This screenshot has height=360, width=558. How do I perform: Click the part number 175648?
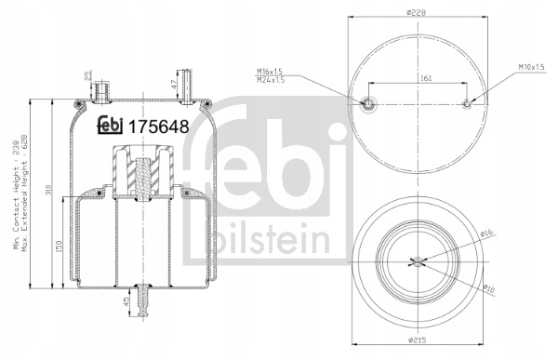[158, 127]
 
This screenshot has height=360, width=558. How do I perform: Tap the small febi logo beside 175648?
[110, 126]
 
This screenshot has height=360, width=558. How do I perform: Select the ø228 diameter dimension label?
[417, 12]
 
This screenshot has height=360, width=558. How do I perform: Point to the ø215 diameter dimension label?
[417, 340]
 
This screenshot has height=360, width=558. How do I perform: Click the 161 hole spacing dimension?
[426, 78]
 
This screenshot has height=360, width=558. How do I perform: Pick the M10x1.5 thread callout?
[531, 67]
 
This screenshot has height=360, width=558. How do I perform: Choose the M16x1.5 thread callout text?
[270, 72]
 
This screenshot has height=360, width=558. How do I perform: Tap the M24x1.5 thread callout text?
[271, 80]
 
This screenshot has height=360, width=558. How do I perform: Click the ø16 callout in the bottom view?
[486, 233]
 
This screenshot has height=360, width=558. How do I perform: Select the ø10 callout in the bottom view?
[489, 288]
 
